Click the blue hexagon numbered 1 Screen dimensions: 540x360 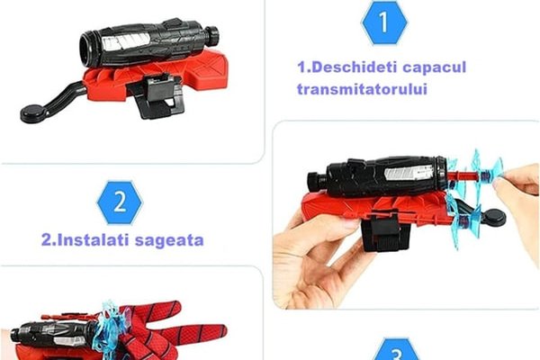(384, 22)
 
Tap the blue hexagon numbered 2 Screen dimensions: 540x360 (120, 202)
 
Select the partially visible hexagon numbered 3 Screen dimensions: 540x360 (397, 350)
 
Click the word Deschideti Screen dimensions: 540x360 (352, 67)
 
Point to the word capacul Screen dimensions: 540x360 (435, 67)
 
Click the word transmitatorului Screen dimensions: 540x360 (362, 89)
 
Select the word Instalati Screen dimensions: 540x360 (93, 240)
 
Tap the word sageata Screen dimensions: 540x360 (169, 241)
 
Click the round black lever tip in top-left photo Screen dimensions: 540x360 (33, 113)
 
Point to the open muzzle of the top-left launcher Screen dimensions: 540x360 (88, 46)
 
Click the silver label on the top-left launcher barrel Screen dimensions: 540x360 (126, 42)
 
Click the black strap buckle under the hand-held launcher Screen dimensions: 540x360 (384, 229)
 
